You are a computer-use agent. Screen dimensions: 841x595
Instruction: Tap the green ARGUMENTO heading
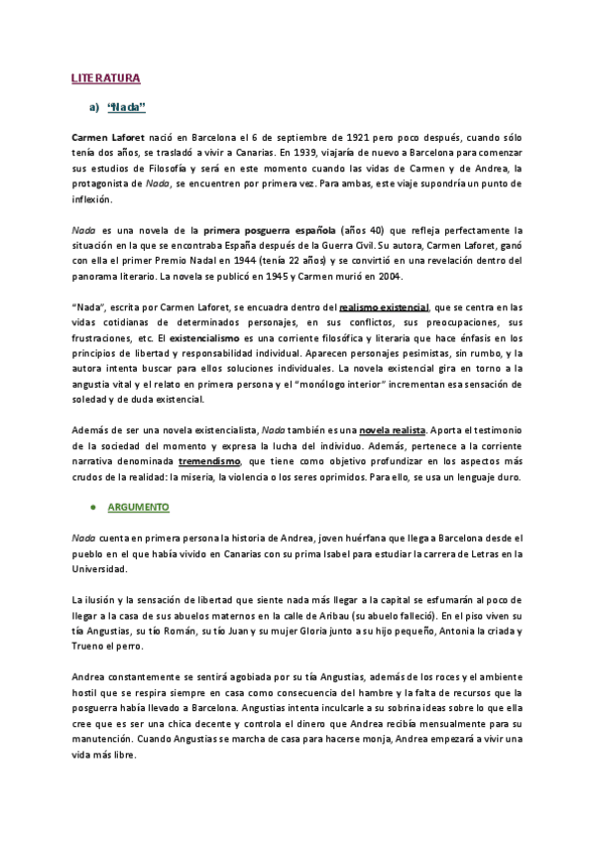click(x=138, y=506)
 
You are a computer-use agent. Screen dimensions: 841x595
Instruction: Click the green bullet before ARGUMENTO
click(x=92, y=506)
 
